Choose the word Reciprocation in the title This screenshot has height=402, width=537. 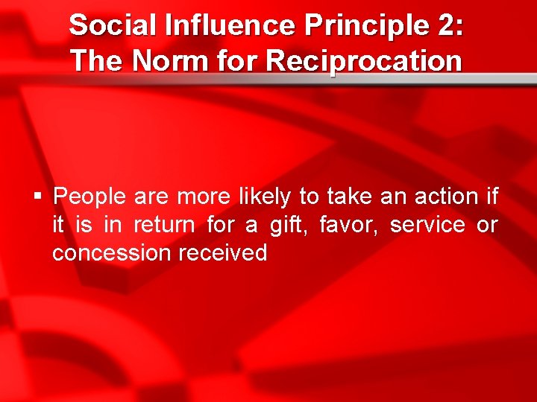tap(363, 61)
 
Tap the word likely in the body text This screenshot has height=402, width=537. tap(265, 197)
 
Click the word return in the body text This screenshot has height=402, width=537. tap(164, 225)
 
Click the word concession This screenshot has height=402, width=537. tap(111, 253)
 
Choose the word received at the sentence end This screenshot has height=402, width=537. tap(222, 253)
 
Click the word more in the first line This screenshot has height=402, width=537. tap(204, 197)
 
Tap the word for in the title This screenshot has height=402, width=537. tap(236, 61)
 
